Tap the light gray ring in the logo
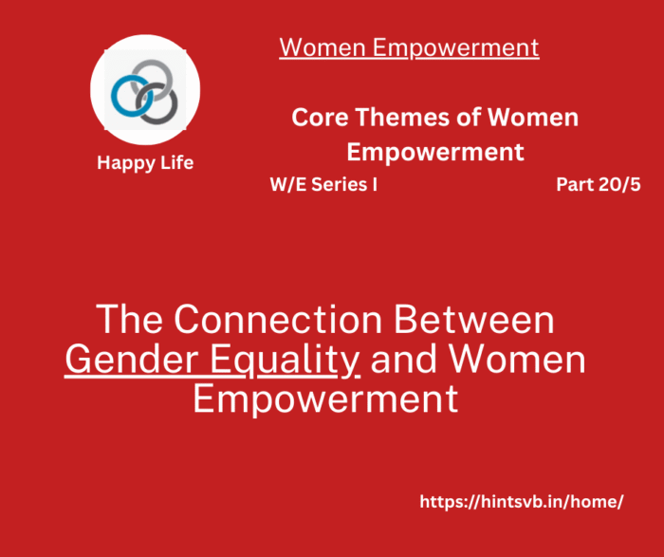(x=152, y=63)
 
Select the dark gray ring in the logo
(x=174, y=106)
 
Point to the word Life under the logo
(x=177, y=162)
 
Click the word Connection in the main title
(x=278, y=320)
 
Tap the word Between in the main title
(x=474, y=320)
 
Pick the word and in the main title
(x=404, y=360)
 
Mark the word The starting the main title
(x=130, y=320)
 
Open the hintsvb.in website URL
(x=522, y=502)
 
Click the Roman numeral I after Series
(x=375, y=185)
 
